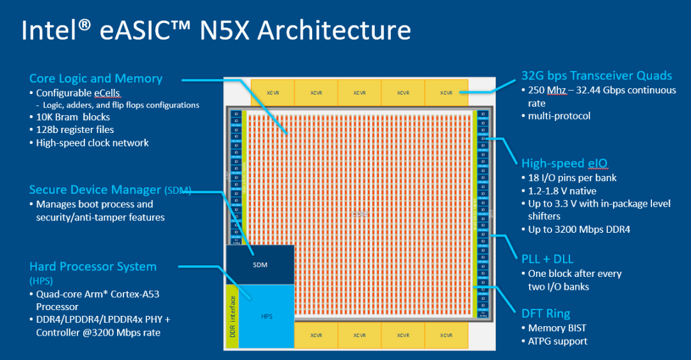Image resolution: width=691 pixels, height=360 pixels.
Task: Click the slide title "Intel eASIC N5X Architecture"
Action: click(216, 30)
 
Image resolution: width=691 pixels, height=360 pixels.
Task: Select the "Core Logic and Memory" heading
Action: click(96, 79)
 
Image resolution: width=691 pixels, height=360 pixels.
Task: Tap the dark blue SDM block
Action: click(260, 264)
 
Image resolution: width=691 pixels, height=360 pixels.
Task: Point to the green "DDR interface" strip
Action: click(233, 316)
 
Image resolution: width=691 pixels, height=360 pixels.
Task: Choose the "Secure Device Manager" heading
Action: click(96, 190)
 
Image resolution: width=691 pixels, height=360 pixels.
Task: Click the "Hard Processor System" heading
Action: click(93, 266)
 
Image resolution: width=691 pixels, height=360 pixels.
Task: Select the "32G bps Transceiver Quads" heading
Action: click(597, 76)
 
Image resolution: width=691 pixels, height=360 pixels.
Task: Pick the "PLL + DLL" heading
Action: click(547, 259)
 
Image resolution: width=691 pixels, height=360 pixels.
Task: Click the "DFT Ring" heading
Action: click(546, 313)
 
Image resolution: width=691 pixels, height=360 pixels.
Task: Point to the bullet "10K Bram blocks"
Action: click(73, 117)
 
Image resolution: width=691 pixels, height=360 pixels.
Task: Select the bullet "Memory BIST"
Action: click(557, 328)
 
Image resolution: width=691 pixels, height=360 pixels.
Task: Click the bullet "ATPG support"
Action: click(557, 341)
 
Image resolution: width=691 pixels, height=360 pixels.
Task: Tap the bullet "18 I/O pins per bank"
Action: click(572, 177)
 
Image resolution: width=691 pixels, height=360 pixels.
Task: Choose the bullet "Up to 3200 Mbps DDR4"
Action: click(579, 229)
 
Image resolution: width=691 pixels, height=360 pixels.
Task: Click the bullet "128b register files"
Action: click(75, 130)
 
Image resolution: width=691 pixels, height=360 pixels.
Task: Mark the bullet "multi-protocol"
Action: click(559, 116)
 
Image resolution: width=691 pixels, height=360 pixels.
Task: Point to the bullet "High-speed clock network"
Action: click(92, 143)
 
